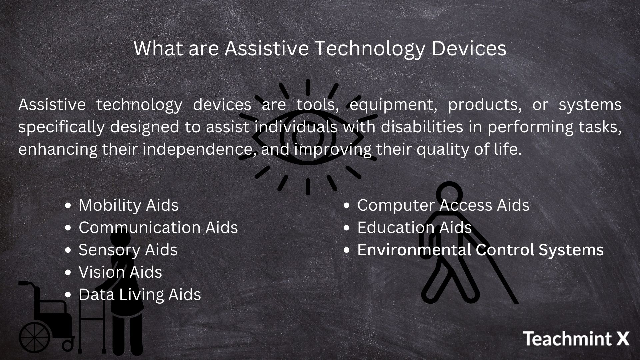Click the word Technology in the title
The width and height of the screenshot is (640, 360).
(x=370, y=49)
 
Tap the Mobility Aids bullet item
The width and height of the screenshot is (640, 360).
(x=128, y=205)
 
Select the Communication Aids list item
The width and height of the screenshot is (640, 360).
(x=158, y=227)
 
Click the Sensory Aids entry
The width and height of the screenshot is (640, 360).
(x=128, y=250)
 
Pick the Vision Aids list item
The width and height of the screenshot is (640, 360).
(x=120, y=272)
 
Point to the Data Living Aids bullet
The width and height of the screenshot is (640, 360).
(x=140, y=294)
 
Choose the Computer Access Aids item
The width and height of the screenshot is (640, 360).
(x=443, y=205)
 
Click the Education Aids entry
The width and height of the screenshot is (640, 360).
(x=414, y=227)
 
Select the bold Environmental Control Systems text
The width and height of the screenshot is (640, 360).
(x=480, y=250)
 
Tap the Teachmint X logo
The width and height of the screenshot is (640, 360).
(x=576, y=339)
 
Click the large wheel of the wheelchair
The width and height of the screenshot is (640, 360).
(x=35, y=337)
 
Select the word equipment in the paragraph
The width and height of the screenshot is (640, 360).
(x=393, y=105)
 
